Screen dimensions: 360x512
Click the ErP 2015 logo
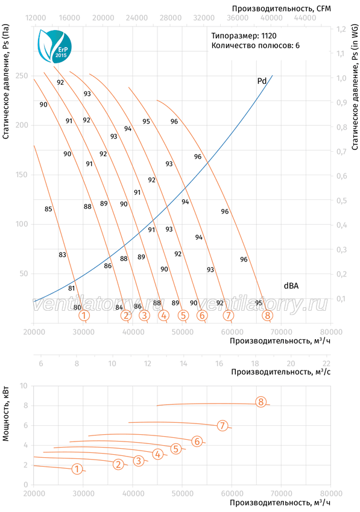click(x=54, y=46)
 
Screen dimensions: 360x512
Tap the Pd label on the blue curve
click(x=262, y=81)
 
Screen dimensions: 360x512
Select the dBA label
click(x=291, y=286)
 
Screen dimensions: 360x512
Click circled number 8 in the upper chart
click(x=268, y=315)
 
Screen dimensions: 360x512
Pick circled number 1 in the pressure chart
click(x=84, y=316)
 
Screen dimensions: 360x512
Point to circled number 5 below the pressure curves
click(x=183, y=315)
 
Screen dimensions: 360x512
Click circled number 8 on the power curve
click(x=261, y=402)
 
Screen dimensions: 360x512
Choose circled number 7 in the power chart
click(x=223, y=425)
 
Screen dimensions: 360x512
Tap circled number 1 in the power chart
click(x=77, y=469)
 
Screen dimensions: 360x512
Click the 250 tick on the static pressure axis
click(x=22, y=76)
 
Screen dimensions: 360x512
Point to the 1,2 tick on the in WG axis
click(x=341, y=29)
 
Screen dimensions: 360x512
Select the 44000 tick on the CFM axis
click(x=305, y=17)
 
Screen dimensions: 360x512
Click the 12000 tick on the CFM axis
click(x=36, y=17)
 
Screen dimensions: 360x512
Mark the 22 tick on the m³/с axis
click(x=326, y=363)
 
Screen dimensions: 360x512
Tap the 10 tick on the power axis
click(x=24, y=386)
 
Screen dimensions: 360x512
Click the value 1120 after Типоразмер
click(x=269, y=36)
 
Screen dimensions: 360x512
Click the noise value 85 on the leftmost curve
click(x=48, y=209)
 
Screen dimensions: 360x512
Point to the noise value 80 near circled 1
click(x=77, y=307)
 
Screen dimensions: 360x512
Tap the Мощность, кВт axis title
click(x=6, y=414)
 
